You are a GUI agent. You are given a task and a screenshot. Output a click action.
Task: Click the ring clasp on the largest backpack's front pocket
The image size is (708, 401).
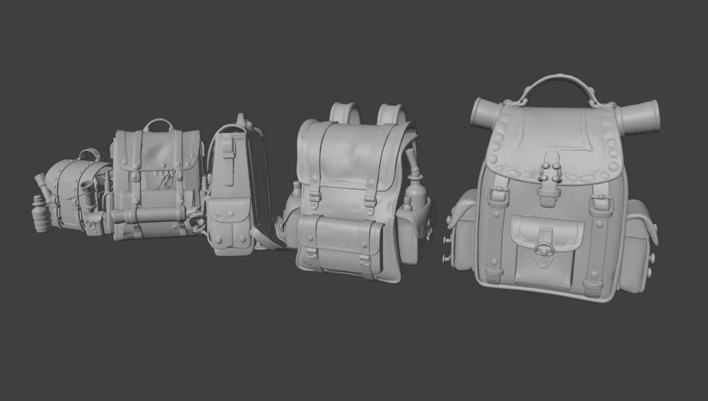click(x=544, y=249)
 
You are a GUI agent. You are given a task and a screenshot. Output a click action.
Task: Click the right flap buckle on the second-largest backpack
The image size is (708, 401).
click(x=369, y=201)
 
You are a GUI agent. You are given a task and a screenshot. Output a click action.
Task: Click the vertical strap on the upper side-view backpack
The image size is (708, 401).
click(x=228, y=159)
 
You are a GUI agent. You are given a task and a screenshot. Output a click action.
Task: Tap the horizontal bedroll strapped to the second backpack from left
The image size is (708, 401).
click(x=149, y=215)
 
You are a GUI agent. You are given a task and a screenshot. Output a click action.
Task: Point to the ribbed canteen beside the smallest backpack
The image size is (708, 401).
click(x=42, y=214)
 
